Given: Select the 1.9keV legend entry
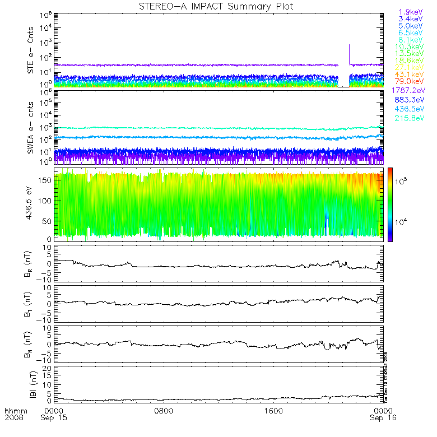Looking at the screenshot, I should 411,11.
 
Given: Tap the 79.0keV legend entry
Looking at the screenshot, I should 411,82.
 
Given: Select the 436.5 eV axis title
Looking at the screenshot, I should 31,204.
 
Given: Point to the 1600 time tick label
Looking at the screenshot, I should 273,411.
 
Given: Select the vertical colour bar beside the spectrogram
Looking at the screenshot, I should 389,204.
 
